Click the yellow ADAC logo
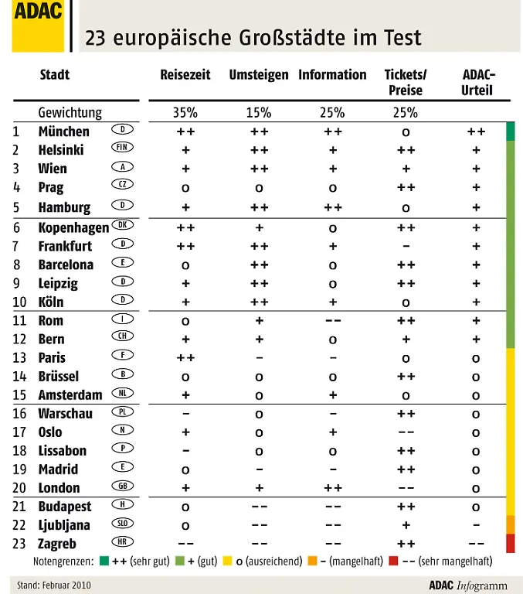click(x=38, y=26)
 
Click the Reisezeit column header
click(x=185, y=75)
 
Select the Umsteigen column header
click(x=259, y=75)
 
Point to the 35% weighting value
click(x=185, y=113)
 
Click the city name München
click(x=64, y=131)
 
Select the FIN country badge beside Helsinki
click(x=121, y=147)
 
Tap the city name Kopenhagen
click(x=73, y=227)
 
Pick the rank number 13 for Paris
click(x=19, y=357)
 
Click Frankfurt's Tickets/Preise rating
click(x=406, y=246)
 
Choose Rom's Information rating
click(x=333, y=320)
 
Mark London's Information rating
click(x=333, y=487)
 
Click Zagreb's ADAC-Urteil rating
click(x=477, y=544)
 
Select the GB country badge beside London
click(x=121, y=486)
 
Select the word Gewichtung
click(x=70, y=113)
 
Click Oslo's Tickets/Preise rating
click(x=406, y=432)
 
